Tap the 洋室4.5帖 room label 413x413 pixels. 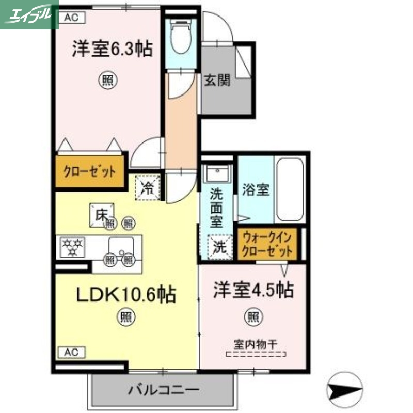253,290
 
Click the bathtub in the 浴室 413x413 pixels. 290,189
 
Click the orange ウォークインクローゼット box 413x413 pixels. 268,244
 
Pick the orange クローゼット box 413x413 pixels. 89,172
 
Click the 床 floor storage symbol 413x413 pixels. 100,213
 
